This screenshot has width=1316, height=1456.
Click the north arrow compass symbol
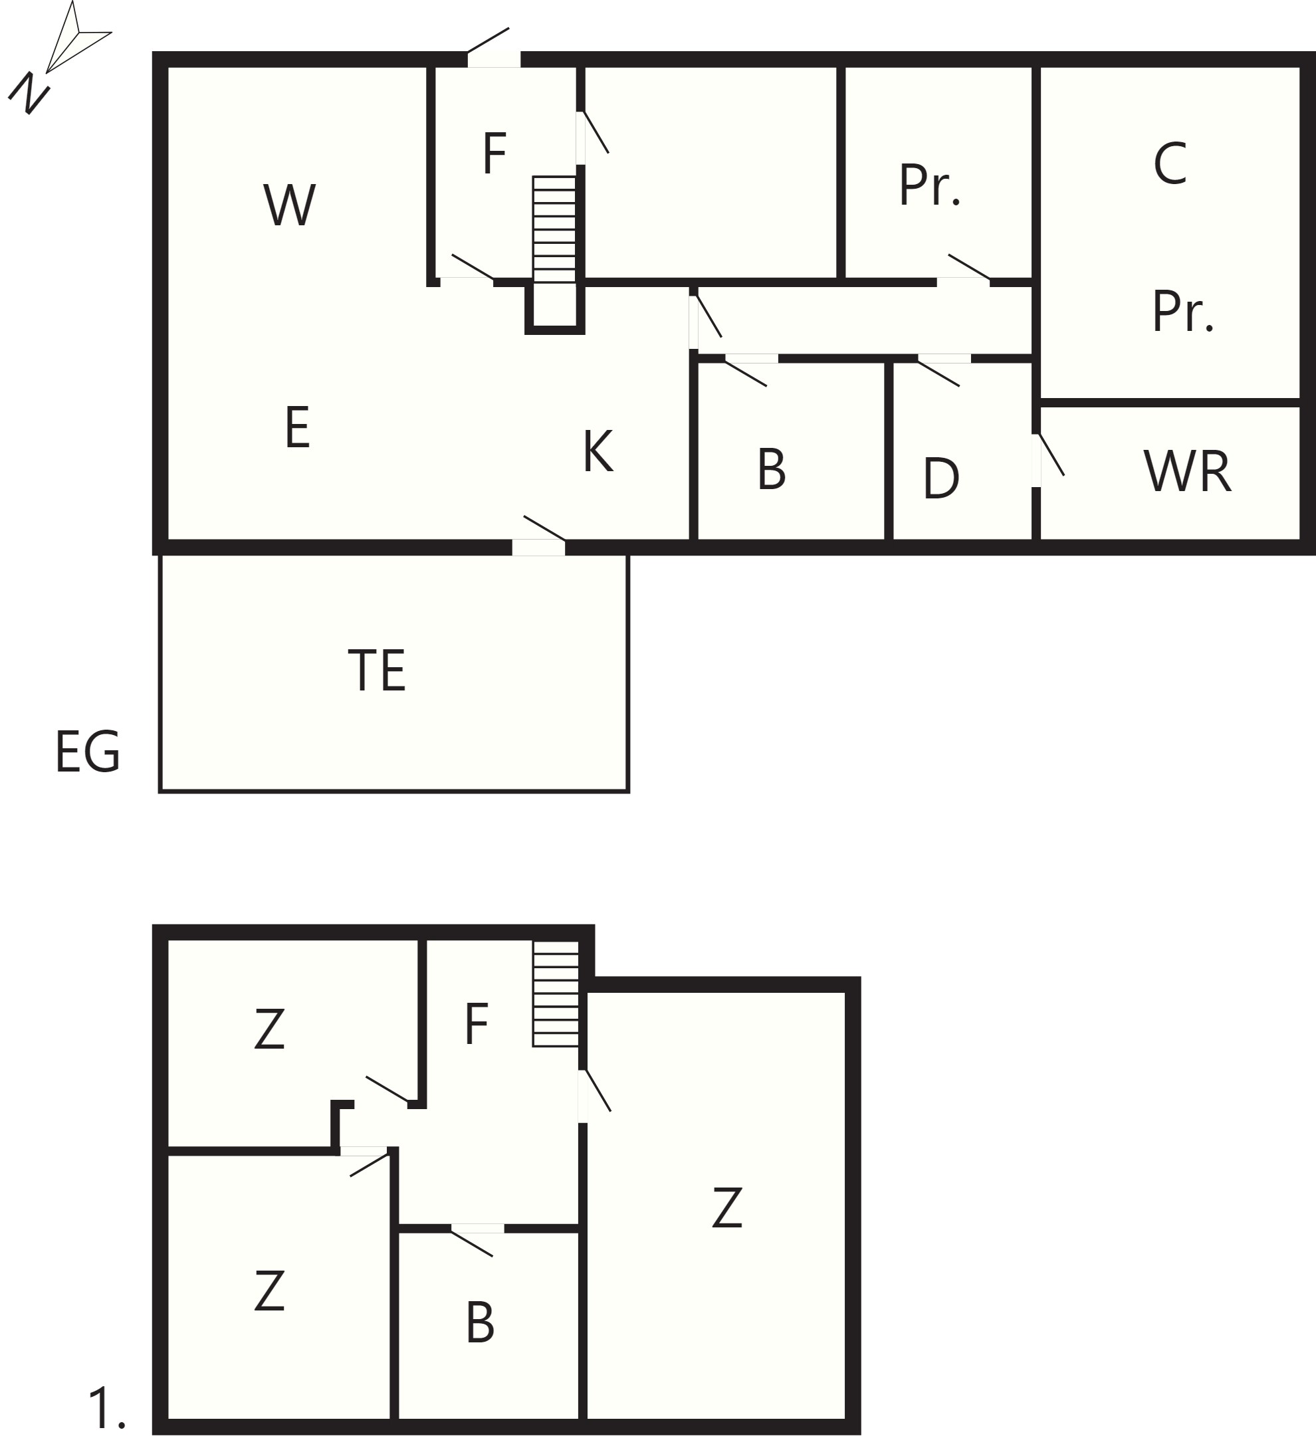pos(60,58)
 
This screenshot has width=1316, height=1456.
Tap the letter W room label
pos(289,205)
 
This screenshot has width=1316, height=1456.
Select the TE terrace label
pos(376,671)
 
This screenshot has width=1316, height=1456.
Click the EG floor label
pos(87,752)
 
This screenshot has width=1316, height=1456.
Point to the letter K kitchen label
pos(598,451)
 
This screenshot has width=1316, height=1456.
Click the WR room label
pos(1188,472)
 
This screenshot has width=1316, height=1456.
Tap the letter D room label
pos(941,477)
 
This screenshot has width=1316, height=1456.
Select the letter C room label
pos(1170,163)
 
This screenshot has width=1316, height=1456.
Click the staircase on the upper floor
pos(556,993)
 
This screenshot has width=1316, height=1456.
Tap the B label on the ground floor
pos(772,468)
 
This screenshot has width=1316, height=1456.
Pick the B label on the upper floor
pos(481,1322)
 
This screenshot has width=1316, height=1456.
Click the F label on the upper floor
pos(477,1023)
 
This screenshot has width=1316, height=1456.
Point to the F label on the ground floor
pos(494,153)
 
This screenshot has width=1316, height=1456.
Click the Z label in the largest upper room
pos(726,1207)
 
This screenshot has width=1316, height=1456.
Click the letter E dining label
pos(298,427)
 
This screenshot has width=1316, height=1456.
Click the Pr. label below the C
pos(1183,311)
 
